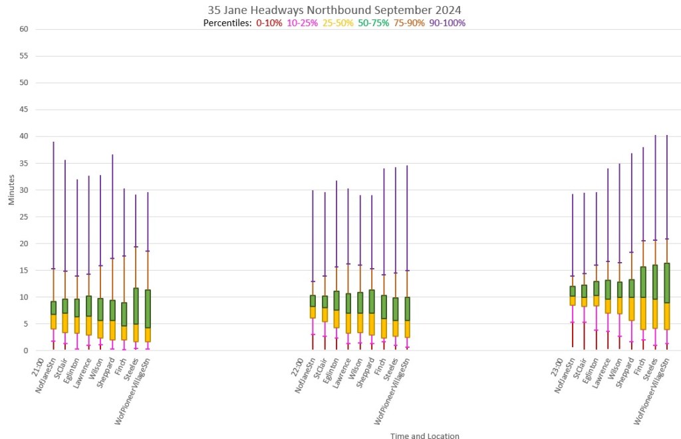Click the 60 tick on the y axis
click(25, 29)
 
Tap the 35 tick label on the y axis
click(25, 163)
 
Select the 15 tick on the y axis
click(25, 270)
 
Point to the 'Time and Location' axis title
click(425, 436)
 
